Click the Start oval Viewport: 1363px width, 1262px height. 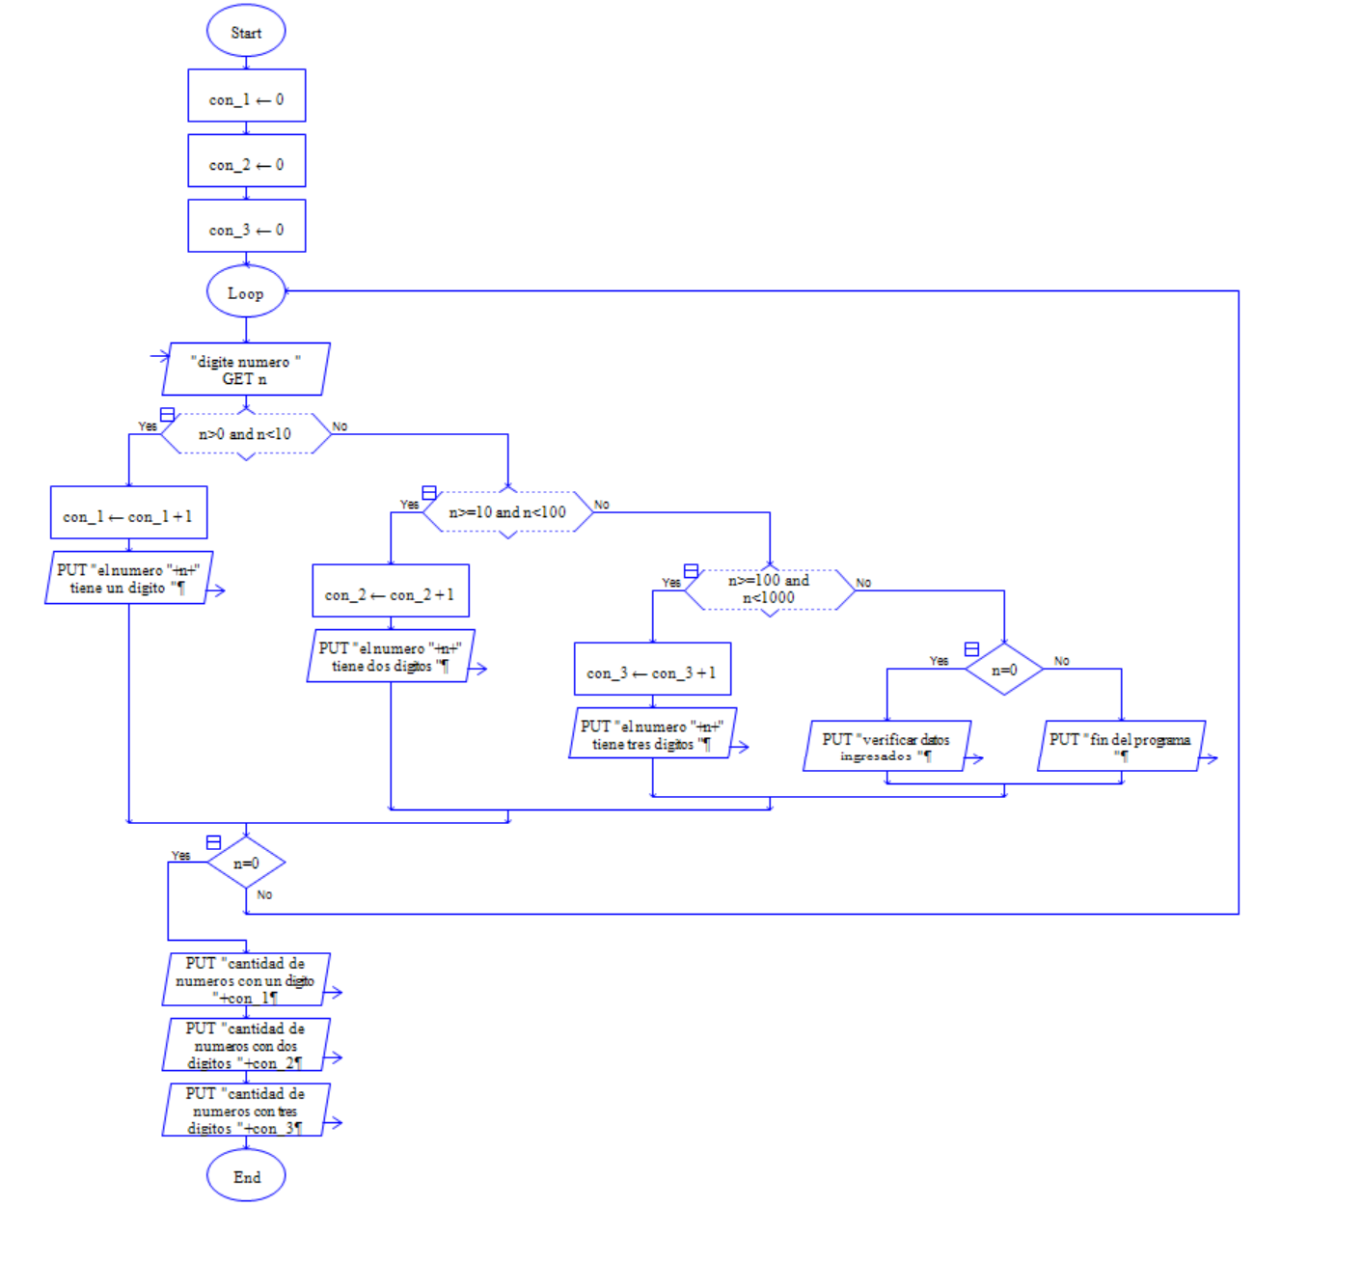coord(246,32)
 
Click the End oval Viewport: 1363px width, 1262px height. coord(246,1177)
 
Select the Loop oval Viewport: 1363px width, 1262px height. coord(246,292)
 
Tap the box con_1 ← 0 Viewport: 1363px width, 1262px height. coord(247,99)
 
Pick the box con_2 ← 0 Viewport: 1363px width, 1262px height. coord(247,165)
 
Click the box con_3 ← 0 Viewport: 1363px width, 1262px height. coord(247,230)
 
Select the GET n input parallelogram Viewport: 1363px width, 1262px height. coord(246,370)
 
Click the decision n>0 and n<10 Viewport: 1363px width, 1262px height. coord(245,434)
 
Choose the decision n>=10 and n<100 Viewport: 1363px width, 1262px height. coord(507,512)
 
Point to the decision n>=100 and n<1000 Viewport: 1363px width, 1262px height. coord(769,590)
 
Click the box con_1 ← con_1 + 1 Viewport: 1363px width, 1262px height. coord(128,516)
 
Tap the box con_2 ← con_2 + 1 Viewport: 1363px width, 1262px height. coord(391,594)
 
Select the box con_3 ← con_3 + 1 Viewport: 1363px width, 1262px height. coord(652,672)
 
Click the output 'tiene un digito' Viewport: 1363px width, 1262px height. coord(128,579)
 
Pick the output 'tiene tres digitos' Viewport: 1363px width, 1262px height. coord(652,735)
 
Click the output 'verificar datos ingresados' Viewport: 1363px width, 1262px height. coord(886,747)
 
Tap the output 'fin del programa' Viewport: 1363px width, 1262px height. coord(1121,747)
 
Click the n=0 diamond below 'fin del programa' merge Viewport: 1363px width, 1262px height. coord(246,864)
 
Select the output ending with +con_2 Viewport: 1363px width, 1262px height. coord(246,1046)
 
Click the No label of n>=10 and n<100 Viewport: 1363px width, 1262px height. coord(602,505)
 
